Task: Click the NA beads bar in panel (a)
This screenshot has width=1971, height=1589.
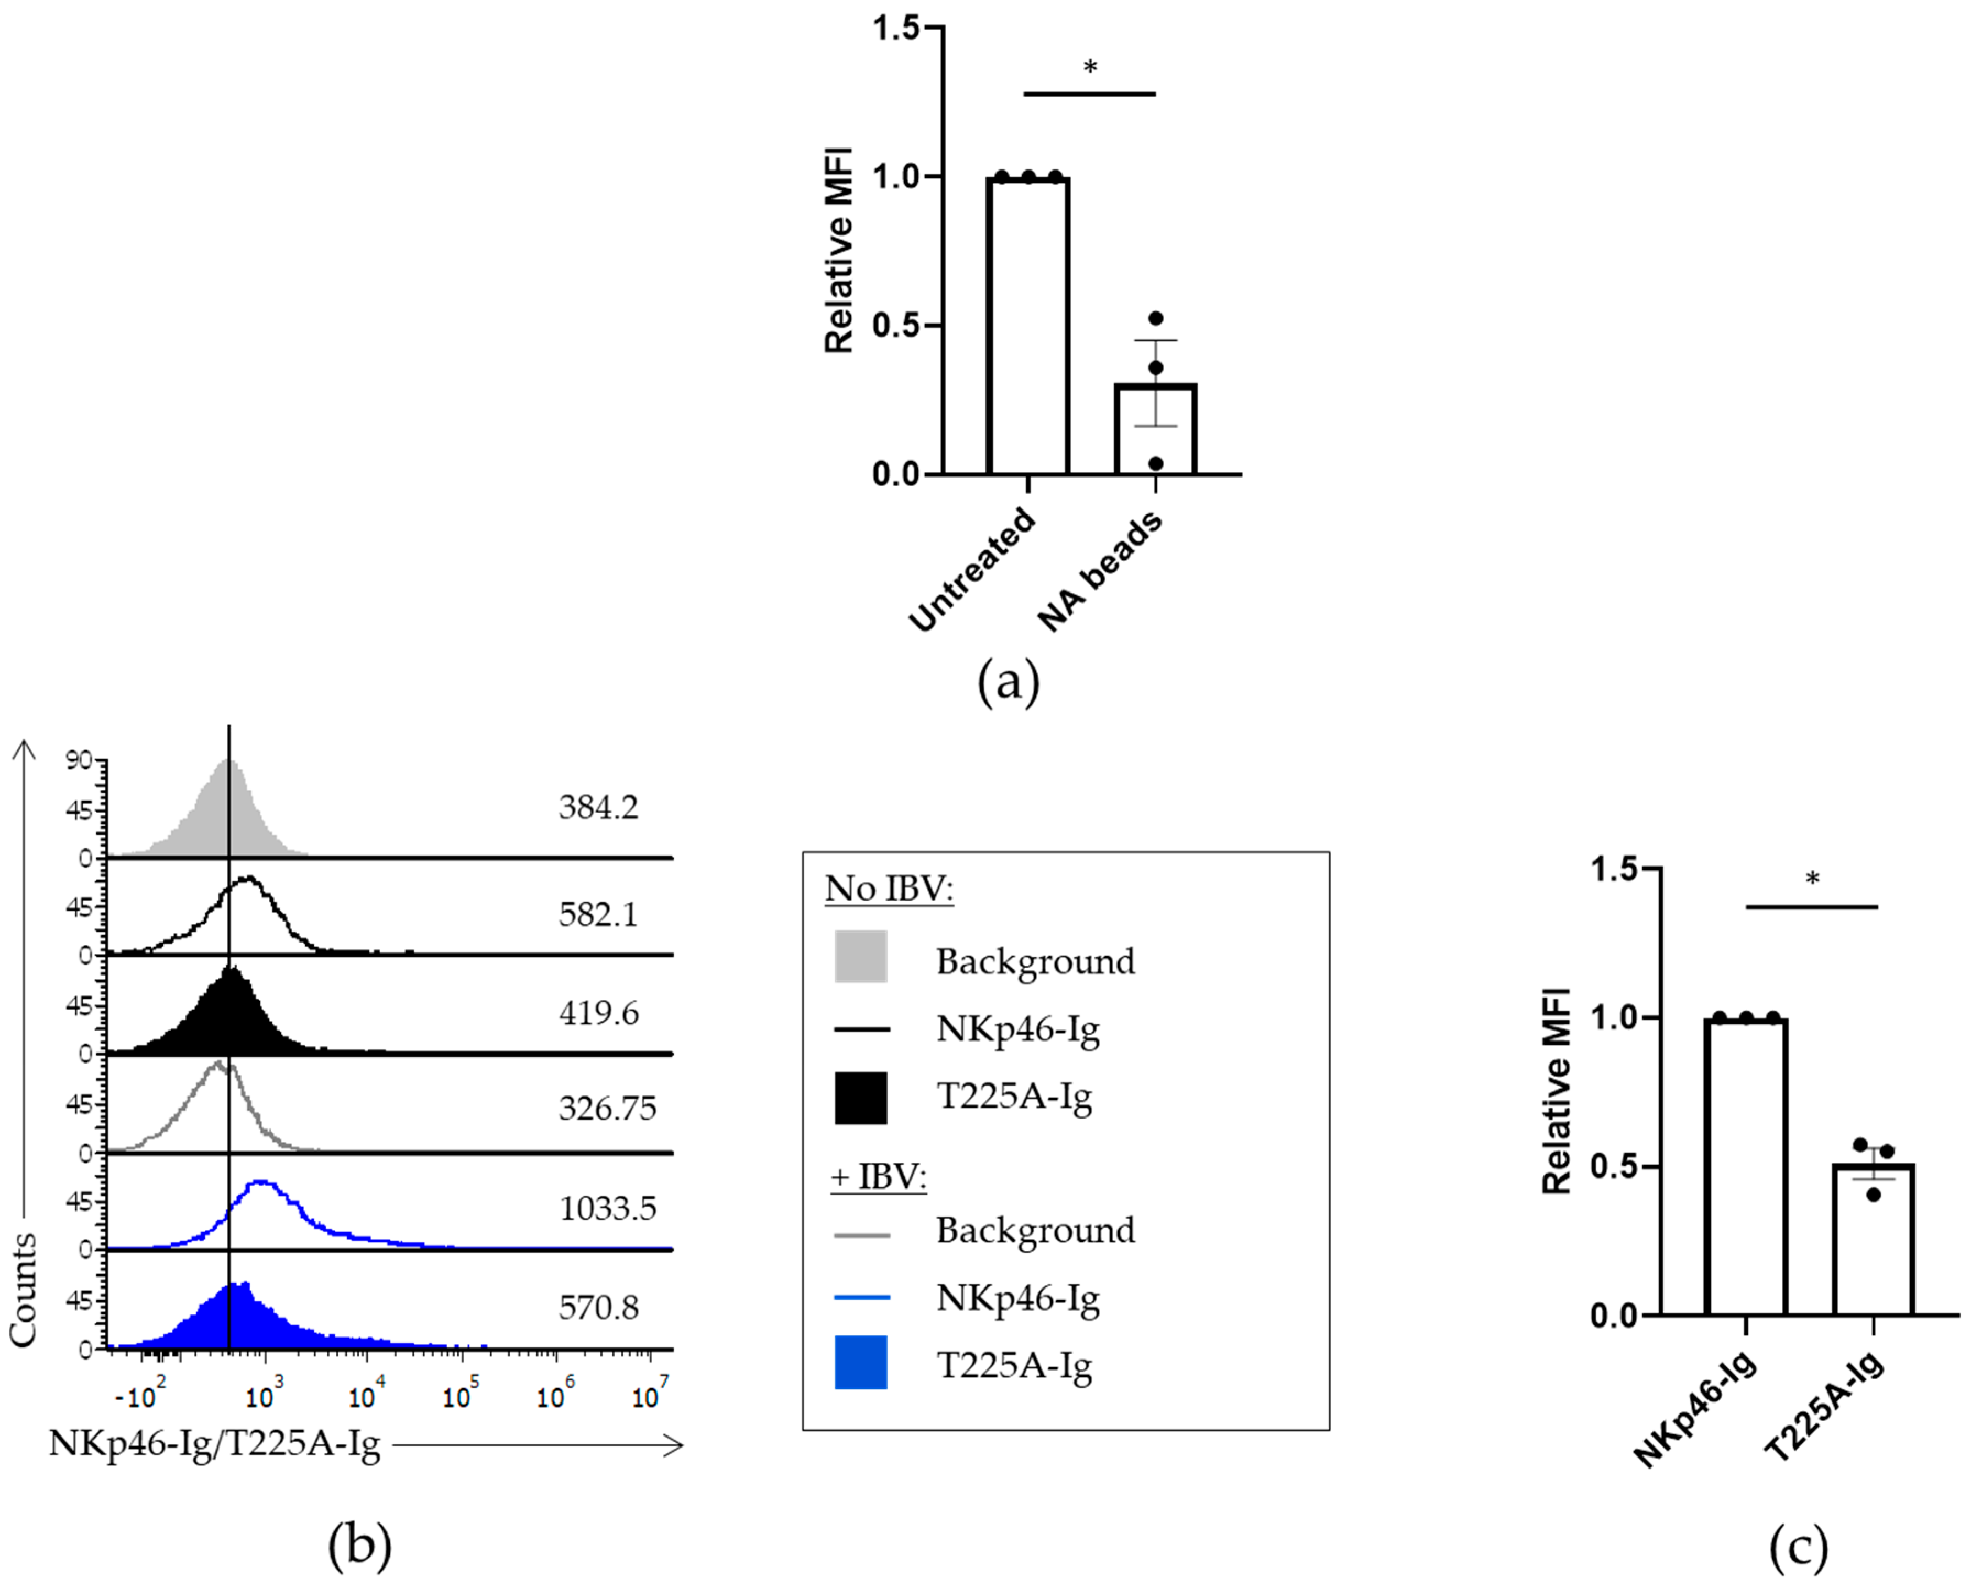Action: [x=1156, y=430]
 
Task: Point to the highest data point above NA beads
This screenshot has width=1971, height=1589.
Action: [x=1156, y=319]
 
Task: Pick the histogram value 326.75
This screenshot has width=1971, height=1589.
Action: [x=608, y=1109]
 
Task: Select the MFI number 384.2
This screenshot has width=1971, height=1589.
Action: [x=599, y=807]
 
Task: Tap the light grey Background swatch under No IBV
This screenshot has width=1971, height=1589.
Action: [x=861, y=956]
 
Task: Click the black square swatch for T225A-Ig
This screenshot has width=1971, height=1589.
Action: [x=861, y=1098]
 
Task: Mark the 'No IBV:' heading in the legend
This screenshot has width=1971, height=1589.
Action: [x=889, y=888]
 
